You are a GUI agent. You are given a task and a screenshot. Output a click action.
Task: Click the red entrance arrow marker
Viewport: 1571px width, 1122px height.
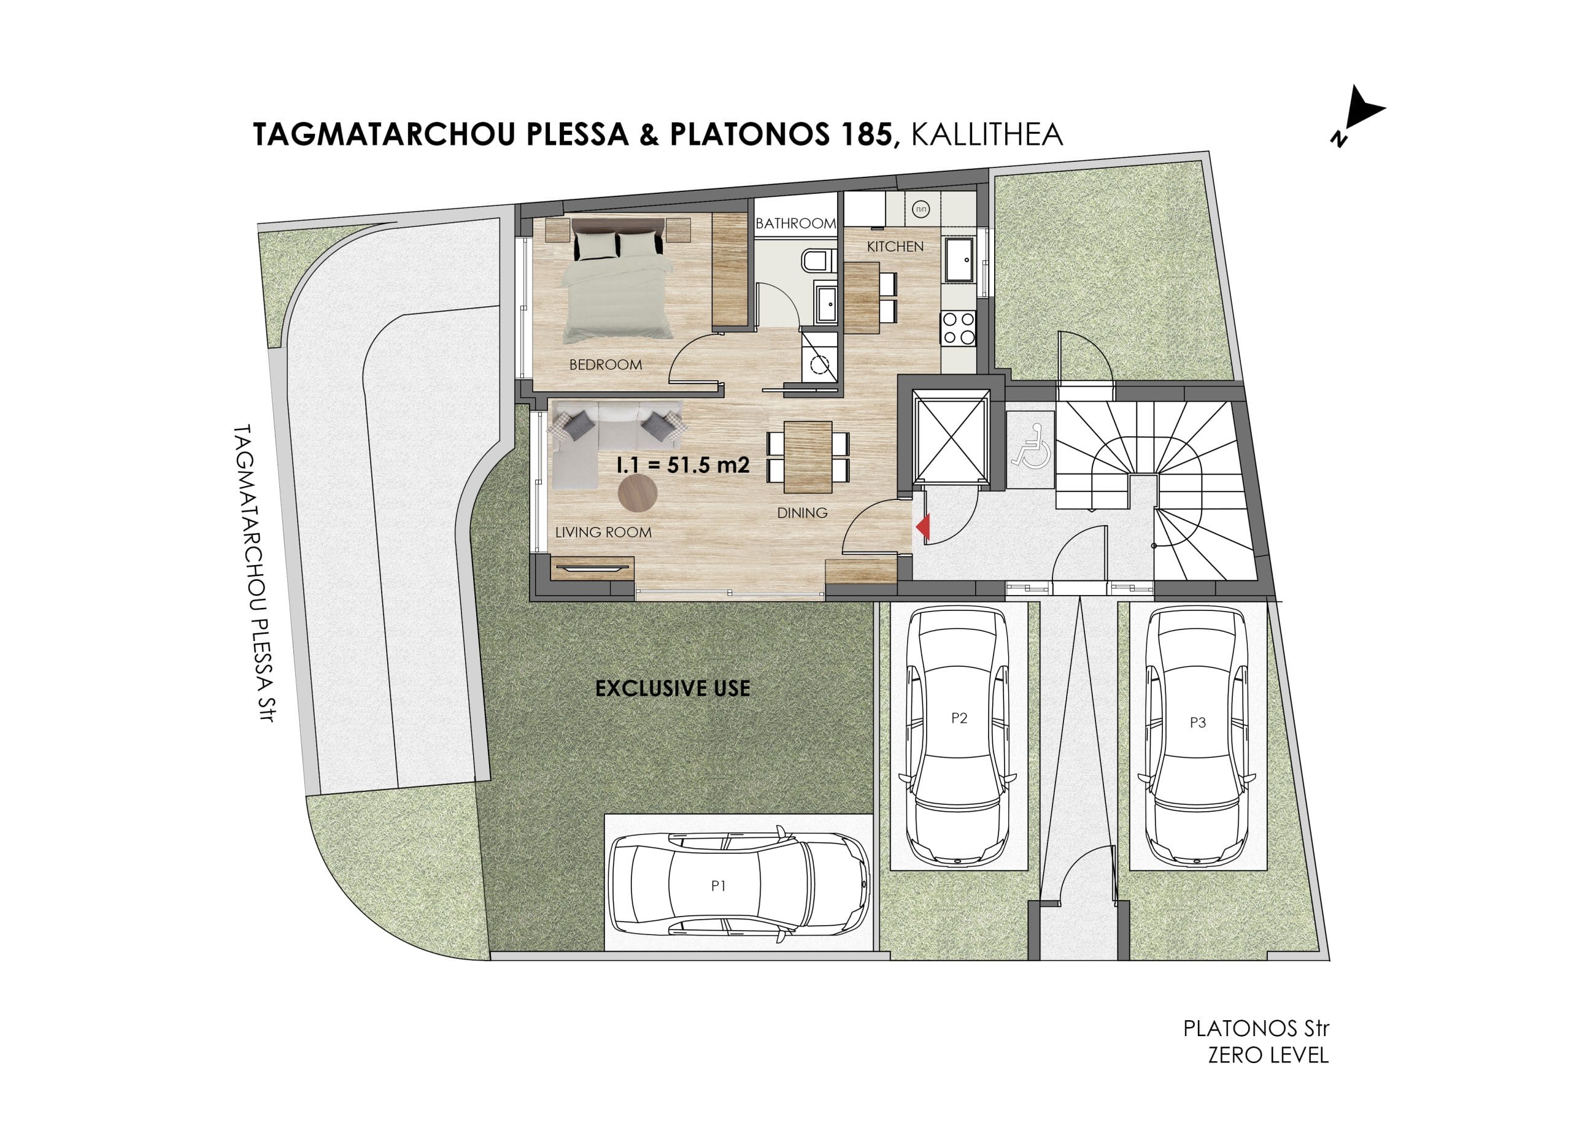(924, 527)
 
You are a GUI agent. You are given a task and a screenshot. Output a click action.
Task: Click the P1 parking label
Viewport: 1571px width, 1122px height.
(718, 886)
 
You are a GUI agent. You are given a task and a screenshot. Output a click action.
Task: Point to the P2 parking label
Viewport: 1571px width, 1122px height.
(959, 718)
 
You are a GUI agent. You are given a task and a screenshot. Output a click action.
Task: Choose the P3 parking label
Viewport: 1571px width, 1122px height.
(1198, 723)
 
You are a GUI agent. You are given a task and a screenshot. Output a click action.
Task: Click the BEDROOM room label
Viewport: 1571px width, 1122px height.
(606, 365)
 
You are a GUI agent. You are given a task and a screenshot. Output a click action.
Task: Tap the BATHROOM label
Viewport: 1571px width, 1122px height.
(795, 223)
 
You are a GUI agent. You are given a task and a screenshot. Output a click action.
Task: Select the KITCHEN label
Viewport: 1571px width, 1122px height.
(895, 247)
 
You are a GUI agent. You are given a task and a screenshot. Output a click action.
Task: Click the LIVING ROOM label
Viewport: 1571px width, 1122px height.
(603, 532)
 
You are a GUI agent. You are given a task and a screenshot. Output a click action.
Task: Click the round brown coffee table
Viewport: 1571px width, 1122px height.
(637, 493)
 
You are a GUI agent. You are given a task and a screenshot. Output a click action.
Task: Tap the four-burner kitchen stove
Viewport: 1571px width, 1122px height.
(957, 328)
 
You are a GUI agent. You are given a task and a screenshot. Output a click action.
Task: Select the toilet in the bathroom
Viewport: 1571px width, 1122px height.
(815, 261)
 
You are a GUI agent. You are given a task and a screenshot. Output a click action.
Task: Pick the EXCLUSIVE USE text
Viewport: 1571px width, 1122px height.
(673, 688)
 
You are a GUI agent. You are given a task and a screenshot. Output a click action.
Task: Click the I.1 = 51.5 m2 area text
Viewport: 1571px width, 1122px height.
(683, 465)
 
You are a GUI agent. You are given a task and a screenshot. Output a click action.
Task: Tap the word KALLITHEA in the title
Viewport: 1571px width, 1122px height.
(987, 135)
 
